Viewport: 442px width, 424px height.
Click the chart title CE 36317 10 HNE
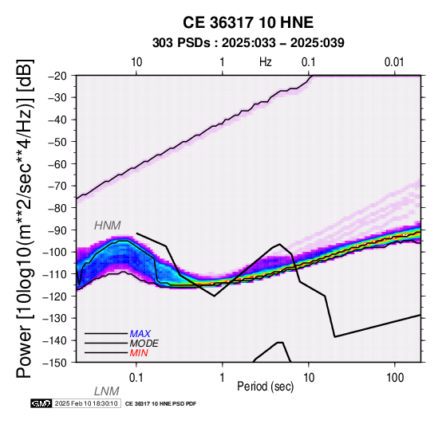coord(248,22)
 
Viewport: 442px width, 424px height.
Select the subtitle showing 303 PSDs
coord(248,43)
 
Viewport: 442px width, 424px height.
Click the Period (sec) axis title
coord(265,387)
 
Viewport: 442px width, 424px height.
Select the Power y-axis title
coord(25,218)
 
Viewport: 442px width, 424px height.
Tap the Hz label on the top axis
coord(265,62)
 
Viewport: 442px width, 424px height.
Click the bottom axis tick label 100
coord(395,378)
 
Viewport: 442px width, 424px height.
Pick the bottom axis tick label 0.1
coord(136,378)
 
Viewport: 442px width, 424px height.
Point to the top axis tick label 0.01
coord(394,62)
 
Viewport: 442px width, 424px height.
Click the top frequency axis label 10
coord(136,62)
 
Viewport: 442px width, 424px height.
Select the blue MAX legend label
coord(140,334)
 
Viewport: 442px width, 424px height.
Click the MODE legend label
coord(144,344)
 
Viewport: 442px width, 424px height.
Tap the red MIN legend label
coord(139,353)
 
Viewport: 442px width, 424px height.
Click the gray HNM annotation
coord(108,226)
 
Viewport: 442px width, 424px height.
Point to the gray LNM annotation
coord(107,391)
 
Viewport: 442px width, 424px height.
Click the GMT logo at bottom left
coord(41,403)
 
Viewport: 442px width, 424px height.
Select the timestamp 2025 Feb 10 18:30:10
coord(86,403)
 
